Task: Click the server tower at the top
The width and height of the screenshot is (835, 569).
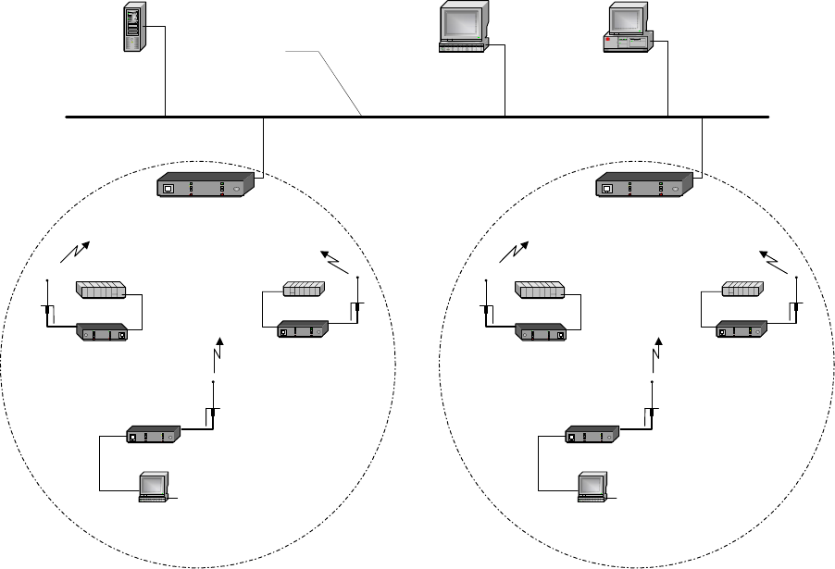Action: click(135, 28)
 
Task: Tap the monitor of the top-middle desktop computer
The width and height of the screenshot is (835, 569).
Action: click(463, 20)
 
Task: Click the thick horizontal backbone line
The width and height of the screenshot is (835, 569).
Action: click(417, 118)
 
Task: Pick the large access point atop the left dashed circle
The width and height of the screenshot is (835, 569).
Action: click(206, 186)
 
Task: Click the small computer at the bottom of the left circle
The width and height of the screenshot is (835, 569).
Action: click(152, 487)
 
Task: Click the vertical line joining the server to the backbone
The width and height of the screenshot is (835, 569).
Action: click(165, 74)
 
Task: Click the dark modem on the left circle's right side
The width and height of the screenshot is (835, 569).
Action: click(303, 328)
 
